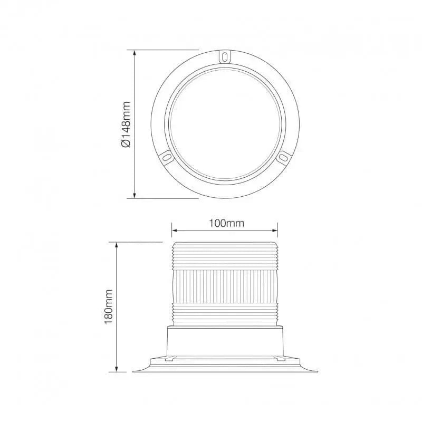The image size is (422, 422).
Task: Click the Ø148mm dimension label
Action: (126, 124)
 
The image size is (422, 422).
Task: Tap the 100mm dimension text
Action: (227, 223)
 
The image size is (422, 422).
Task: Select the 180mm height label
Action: (108, 307)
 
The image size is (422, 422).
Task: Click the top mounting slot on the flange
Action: (225, 57)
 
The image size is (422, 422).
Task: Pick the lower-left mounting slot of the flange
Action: (167, 157)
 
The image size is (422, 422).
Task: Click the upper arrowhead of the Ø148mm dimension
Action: (135, 53)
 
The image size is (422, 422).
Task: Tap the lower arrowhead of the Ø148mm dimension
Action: (135, 195)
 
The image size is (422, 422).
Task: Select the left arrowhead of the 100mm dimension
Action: (175, 231)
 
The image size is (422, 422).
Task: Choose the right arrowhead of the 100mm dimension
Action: (275, 231)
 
